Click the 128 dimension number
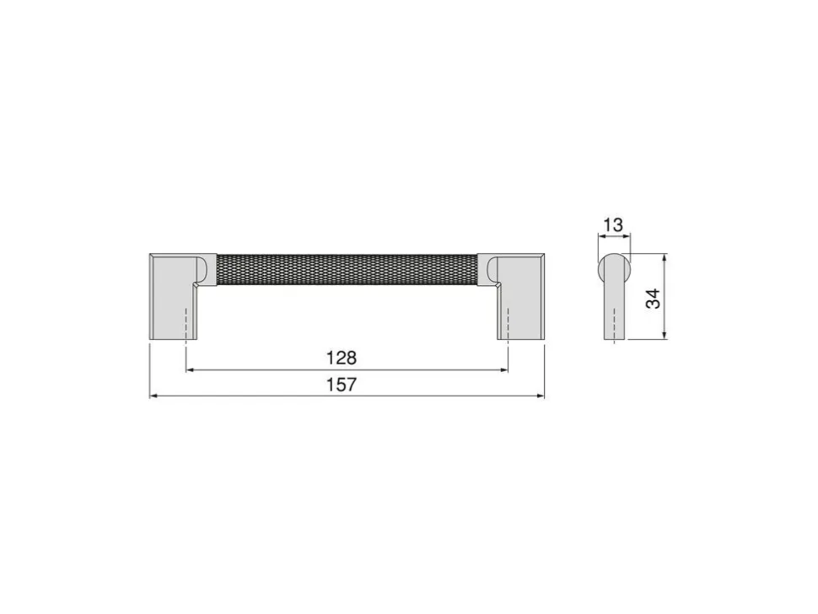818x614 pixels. tap(342, 358)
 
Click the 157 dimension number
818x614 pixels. tap(342, 385)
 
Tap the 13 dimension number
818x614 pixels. tap(613, 225)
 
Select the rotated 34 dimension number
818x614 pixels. tap(654, 299)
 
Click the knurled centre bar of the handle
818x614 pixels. tap(347, 270)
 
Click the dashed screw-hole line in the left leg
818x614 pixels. tap(186, 326)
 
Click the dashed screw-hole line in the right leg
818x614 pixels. tap(508, 326)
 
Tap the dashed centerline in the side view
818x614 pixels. tap(616, 326)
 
